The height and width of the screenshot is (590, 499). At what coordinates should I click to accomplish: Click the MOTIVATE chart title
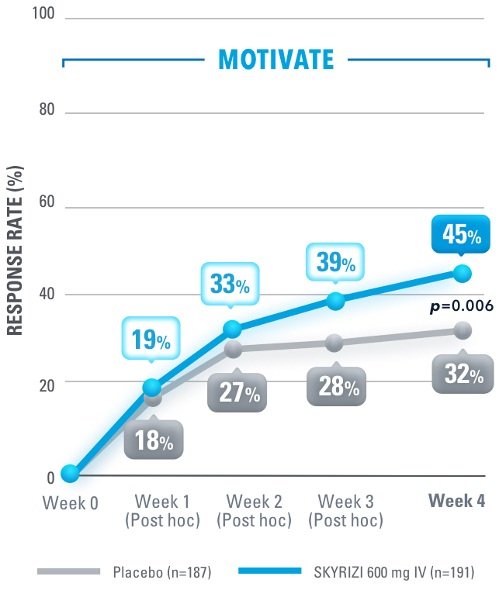276,60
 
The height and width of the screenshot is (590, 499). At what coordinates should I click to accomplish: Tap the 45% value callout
462,233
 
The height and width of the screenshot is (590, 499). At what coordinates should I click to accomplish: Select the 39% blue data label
335,262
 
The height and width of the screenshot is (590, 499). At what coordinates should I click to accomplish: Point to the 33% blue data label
230,284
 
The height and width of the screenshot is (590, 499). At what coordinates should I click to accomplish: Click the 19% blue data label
151,339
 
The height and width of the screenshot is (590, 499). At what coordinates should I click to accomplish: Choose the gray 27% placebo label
237,392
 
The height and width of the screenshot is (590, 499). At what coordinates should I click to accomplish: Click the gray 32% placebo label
463,375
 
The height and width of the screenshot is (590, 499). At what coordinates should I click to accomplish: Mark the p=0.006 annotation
461,306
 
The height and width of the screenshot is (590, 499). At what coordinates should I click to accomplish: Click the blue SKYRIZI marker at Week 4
462,273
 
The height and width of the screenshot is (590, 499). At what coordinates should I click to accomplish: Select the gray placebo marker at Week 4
463,331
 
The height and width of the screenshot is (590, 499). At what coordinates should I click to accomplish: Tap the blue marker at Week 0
70,473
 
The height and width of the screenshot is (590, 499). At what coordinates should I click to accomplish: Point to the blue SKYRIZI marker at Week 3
335,301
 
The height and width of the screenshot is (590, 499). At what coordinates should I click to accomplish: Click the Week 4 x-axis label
458,502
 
